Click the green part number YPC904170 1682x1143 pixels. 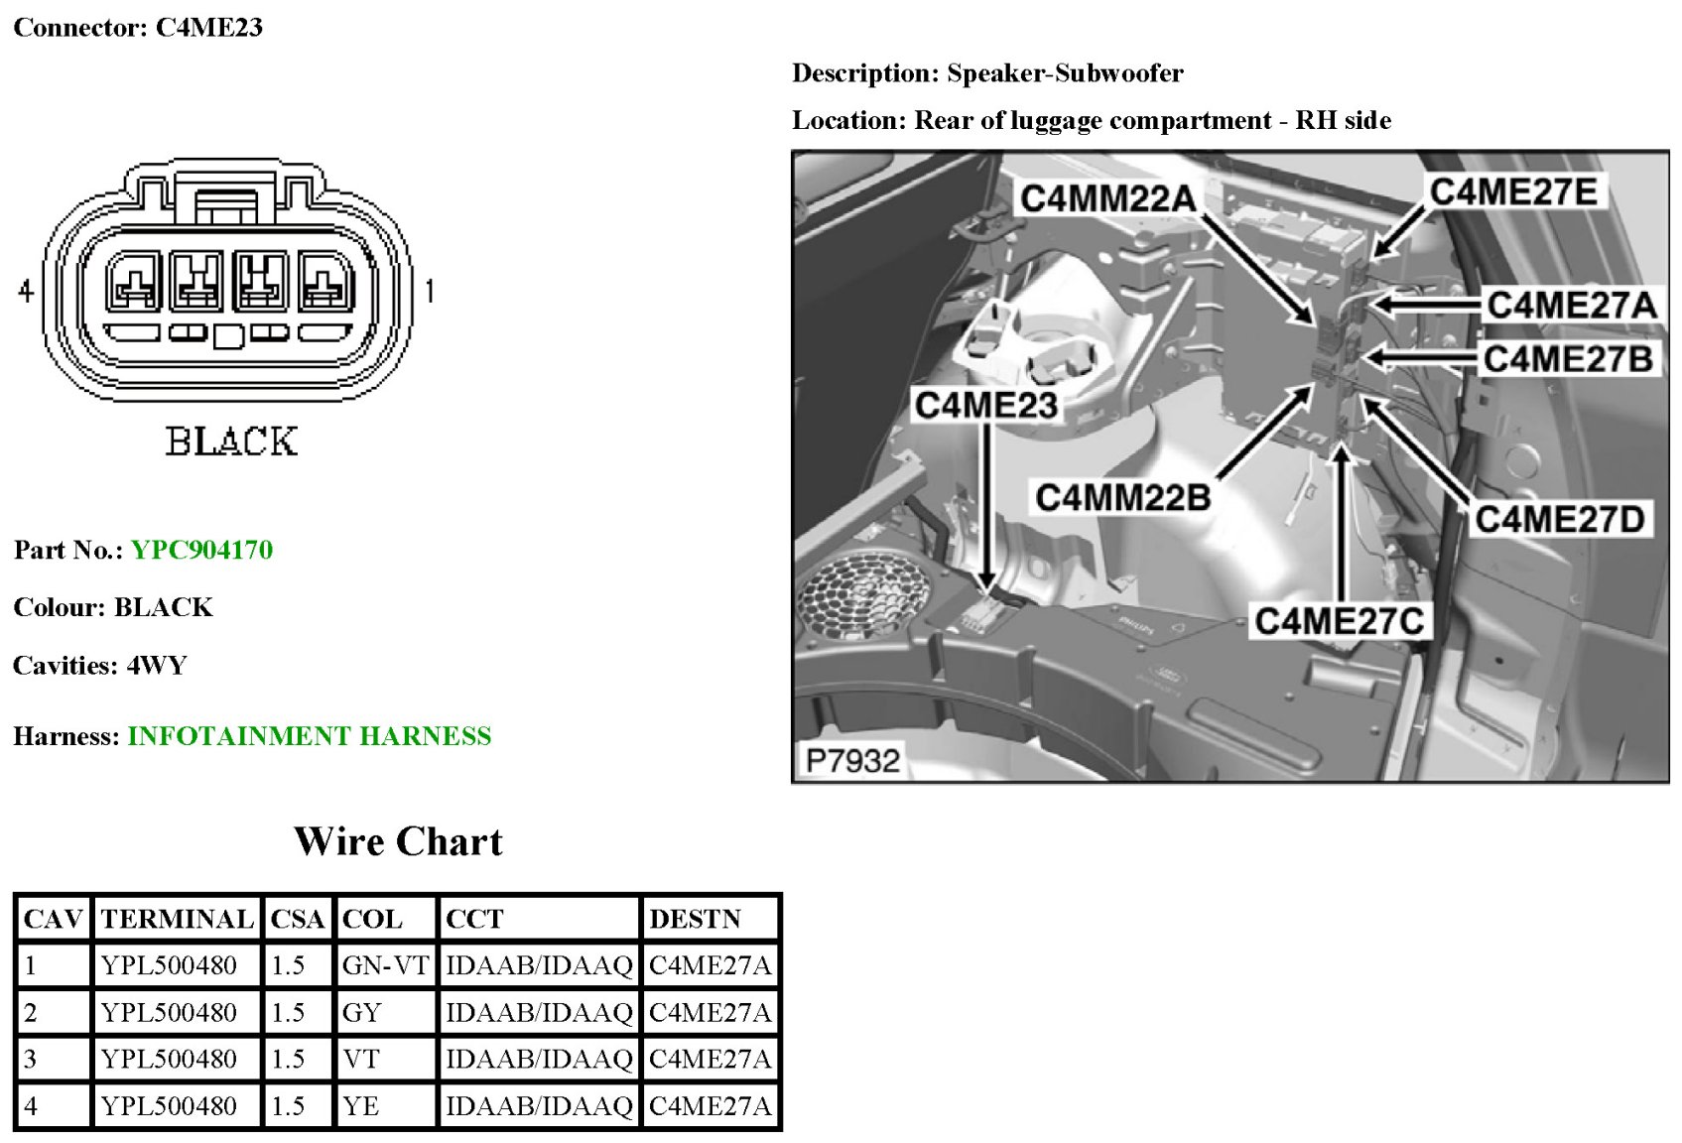pos(201,550)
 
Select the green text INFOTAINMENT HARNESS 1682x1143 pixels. pos(309,736)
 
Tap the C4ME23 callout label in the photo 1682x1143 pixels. pos(985,406)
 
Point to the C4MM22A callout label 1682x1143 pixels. pos(1107,198)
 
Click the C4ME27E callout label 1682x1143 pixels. pos(1512,191)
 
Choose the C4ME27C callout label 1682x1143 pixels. pos(1339,621)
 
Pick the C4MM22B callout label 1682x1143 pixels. pos(1122,496)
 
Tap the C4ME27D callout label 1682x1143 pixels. pos(1560,518)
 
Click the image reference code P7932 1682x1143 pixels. pos(852,761)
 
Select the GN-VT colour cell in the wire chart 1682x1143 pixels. pos(385,965)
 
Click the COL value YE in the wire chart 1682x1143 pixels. pos(360,1105)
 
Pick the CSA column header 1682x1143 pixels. pos(298,919)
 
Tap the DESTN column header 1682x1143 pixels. pos(695,919)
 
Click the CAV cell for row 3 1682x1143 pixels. pos(31,1059)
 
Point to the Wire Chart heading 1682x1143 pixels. pos(398,841)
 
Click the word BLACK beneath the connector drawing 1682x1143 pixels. pos(231,442)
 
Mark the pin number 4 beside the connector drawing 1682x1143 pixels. pos(27,291)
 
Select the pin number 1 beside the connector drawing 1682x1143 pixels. pos(429,291)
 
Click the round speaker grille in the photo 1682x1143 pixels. pos(863,595)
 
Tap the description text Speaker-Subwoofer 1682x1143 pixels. pos(1065,73)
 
